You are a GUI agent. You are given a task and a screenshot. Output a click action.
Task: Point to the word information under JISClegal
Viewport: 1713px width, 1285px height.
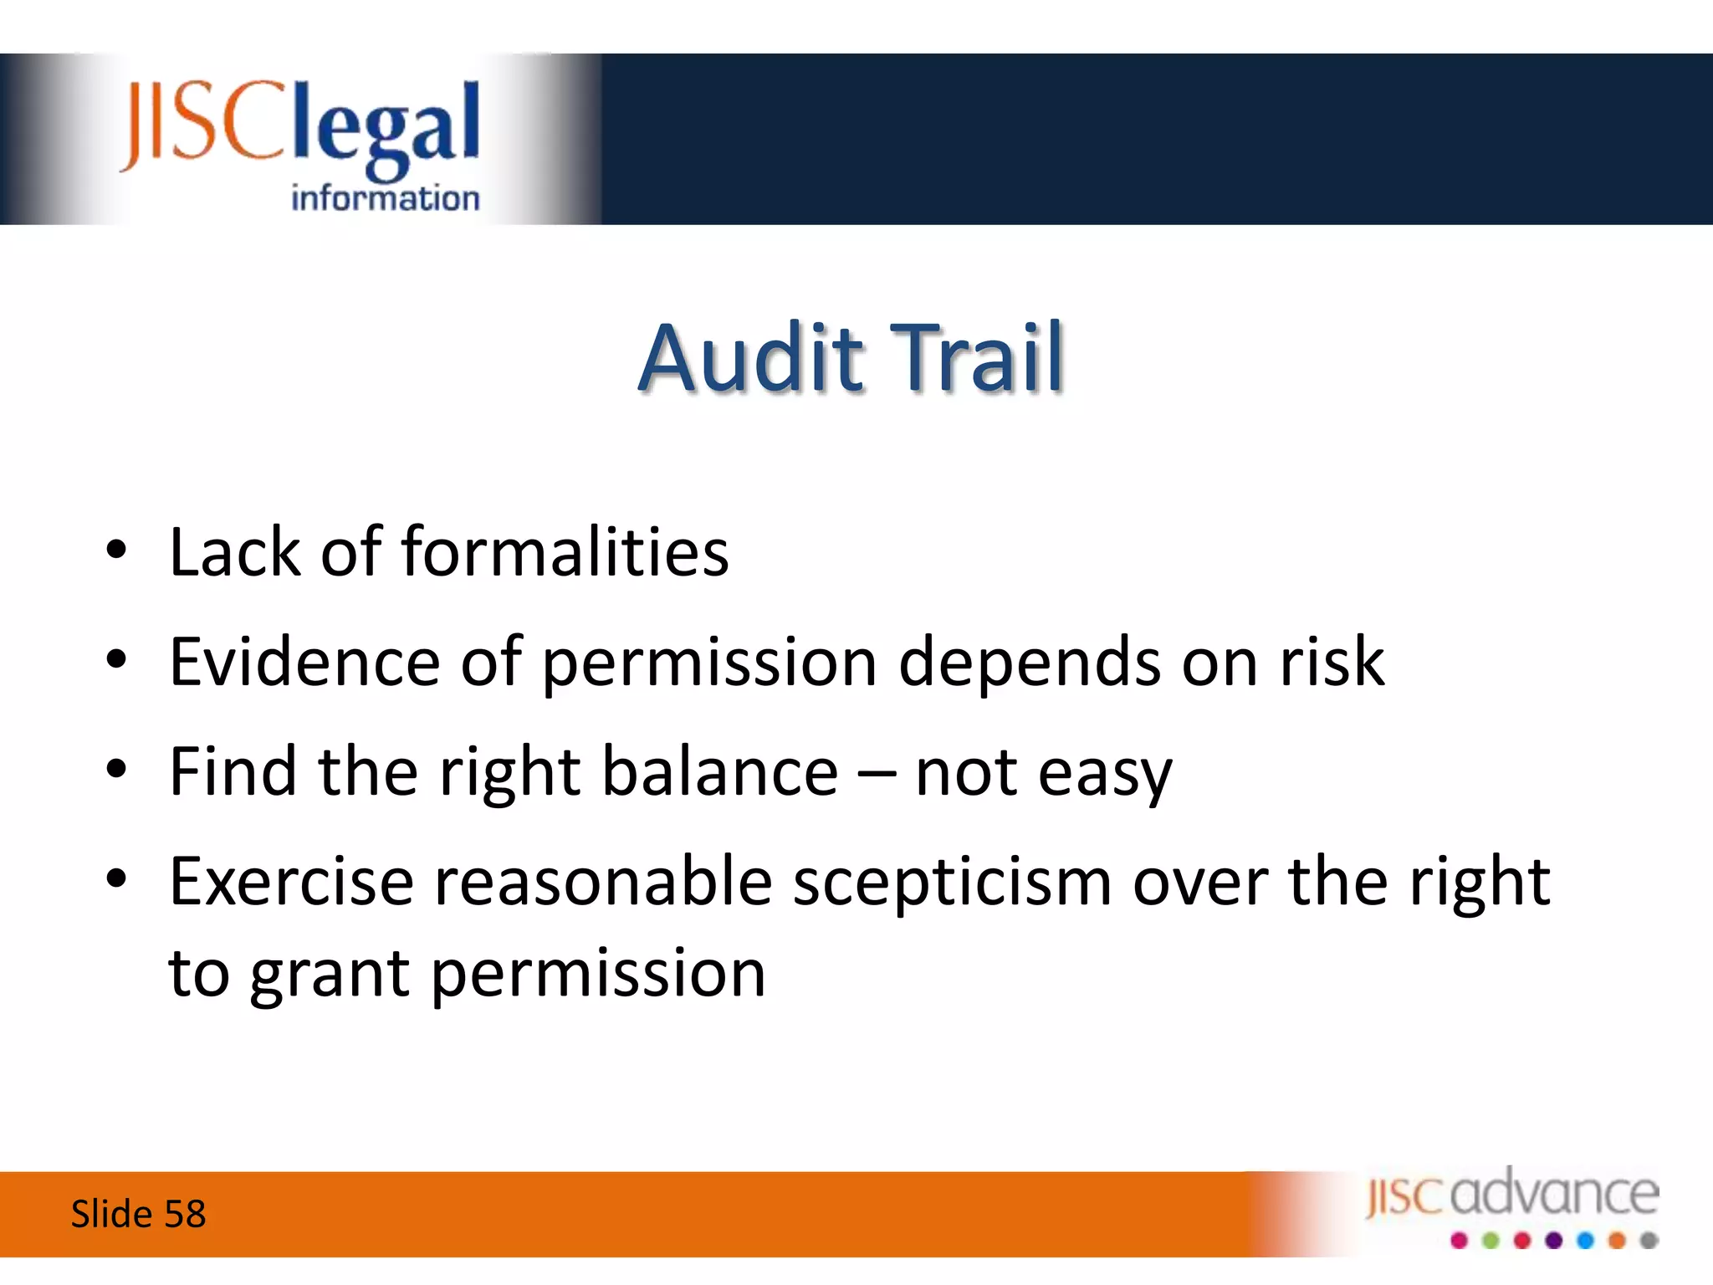[x=386, y=198]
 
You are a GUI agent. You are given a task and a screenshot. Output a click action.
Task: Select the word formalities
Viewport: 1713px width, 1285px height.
[x=565, y=551]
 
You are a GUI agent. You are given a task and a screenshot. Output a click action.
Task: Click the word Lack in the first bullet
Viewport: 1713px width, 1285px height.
[x=234, y=551]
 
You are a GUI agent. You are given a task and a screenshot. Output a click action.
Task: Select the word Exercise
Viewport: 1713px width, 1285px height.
[x=292, y=881]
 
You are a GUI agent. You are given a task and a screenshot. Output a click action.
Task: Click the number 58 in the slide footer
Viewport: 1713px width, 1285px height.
[x=185, y=1214]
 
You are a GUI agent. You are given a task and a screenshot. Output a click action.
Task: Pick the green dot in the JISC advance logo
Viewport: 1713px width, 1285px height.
[x=1491, y=1241]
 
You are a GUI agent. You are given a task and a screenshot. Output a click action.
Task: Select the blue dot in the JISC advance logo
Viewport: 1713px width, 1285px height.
[x=1586, y=1241]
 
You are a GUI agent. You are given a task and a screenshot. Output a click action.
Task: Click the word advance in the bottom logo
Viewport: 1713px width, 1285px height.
[x=1555, y=1191]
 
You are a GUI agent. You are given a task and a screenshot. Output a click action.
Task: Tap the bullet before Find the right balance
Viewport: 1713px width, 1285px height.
[x=116, y=769]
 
